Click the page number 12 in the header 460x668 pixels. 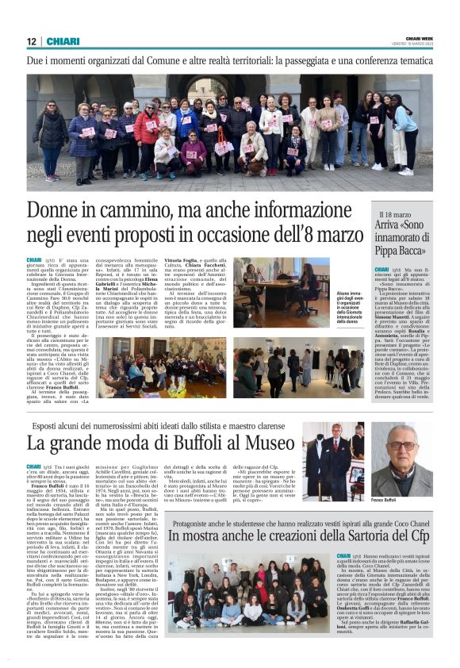tap(32, 41)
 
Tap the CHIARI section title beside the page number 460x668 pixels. tap(63, 41)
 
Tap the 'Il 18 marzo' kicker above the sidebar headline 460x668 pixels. tap(396, 215)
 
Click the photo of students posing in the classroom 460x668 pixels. tap(247, 596)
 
